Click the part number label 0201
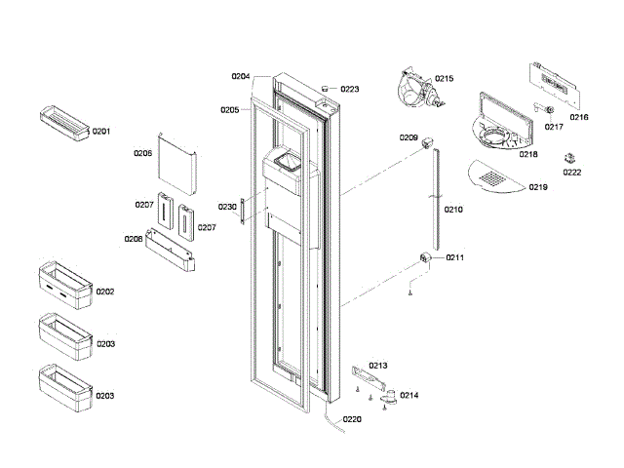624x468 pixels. pyautogui.click(x=102, y=131)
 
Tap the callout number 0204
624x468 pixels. pyautogui.click(x=241, y=76)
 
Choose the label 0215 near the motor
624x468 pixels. pyautogui.click(x=445, y=78)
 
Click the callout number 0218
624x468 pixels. pyautogui.click(x=528, y=154)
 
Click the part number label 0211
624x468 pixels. pyautogui.click(x=455, y=257)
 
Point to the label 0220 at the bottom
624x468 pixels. pyautogui.click(x=352, y=420)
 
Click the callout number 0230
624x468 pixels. pyautogui.click(x=227, y=207)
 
